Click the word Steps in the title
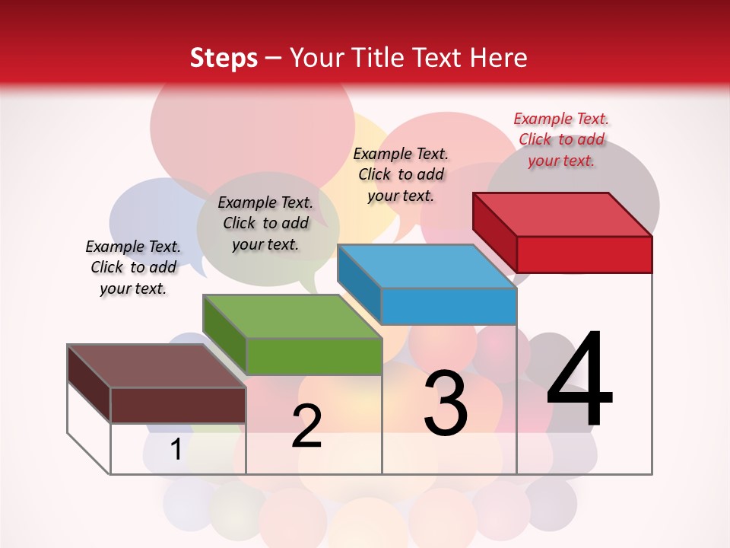click(224, 58)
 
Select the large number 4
click(579, 381)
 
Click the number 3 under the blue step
click(446, 403)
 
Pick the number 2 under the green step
click(306, 426)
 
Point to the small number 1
click(176, 450)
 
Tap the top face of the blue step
click(427, 266)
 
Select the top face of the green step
click(292, 317)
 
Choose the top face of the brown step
click(157, 366)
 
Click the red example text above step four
click(561, 139)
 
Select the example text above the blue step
click(401, 174)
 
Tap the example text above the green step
click(265, 223)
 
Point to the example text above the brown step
click(133, 267)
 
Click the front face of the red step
click(584, 254)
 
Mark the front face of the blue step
click(449, 307)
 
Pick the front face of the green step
click(314, 356)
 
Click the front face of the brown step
click(178, 405)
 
